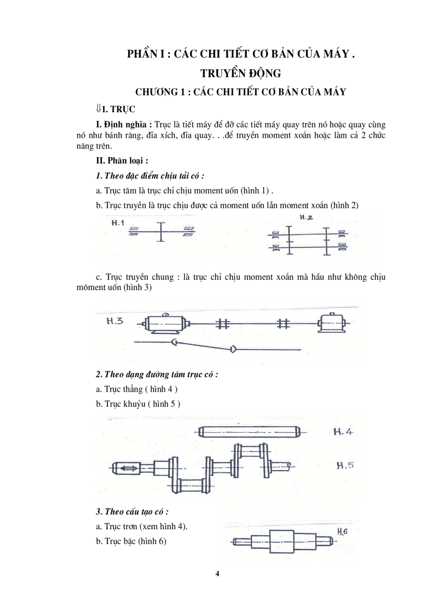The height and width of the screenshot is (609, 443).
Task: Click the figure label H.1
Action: [118, 223]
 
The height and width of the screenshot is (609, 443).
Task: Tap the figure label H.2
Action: [307, 218]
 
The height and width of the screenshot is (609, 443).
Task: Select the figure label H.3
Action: [115, 320]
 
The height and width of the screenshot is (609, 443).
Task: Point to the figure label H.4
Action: [343, 432]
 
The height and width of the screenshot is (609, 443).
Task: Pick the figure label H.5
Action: [345, 465]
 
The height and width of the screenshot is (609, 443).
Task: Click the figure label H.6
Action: [342, 531]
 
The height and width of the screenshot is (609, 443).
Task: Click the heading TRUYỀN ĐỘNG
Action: [241, 73]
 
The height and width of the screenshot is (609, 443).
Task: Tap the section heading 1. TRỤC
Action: [115, 109]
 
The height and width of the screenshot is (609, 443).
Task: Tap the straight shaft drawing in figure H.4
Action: [249, 432]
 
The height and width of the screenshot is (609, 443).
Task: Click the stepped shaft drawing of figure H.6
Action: [282, 541]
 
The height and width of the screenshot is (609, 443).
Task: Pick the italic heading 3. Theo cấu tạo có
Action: [132, 511]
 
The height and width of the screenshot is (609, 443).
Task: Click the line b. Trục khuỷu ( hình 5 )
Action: [138, 403]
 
